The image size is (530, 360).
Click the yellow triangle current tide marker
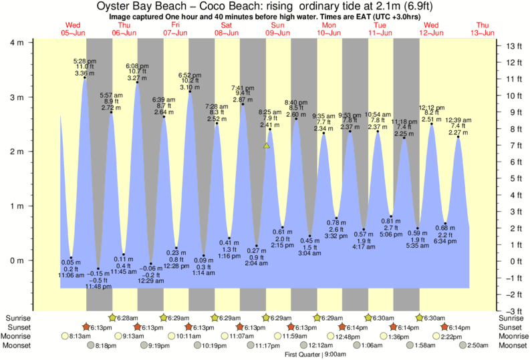(x=267, y=145)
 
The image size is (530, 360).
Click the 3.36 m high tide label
(x=85, y=73)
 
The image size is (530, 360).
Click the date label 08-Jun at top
(x=227, y=33)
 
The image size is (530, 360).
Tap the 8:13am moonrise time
(x=80, y=337)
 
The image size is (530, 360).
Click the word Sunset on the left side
(x=18, y=327)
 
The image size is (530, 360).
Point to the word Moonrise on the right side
(x=513, y=337)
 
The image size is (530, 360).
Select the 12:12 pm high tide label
(x=431, y=107)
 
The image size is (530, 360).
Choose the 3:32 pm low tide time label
(x=337, y=236)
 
